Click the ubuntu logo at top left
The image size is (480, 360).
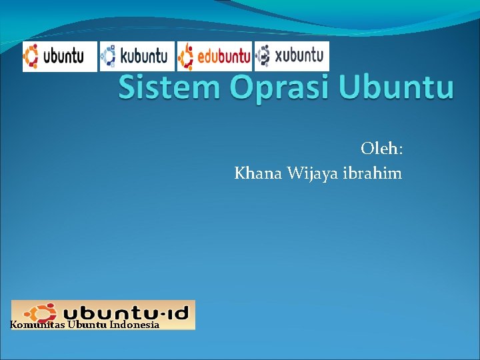[x=59, y=56]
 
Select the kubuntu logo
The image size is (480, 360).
[x=137, y=56]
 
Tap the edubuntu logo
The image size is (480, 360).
[x=214, y=56]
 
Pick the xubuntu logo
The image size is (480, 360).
[x=291, y=56]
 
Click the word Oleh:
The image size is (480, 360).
[x=381, y=147]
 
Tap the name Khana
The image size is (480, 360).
[x=259, y=174]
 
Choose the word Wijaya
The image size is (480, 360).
[x=313, y=175]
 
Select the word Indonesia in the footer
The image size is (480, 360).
[x=135, y=325]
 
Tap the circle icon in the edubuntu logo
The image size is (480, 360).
[x=186, y=55]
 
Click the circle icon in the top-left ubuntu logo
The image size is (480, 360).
[x=32, y=55]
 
